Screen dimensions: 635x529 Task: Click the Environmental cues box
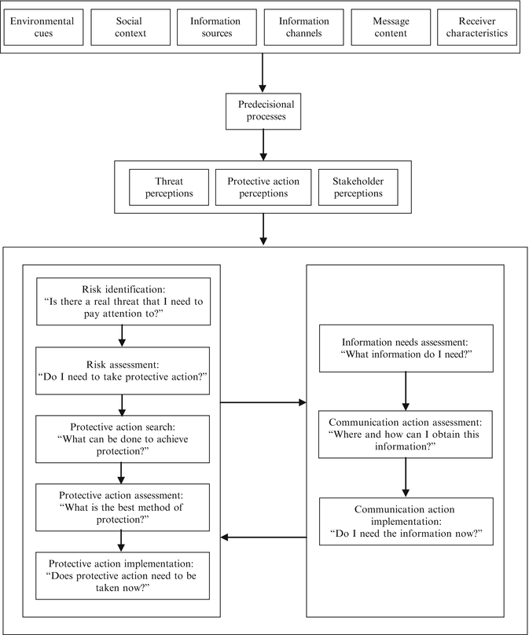42,27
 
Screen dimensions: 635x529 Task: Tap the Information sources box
215,27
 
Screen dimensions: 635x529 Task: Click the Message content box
388,27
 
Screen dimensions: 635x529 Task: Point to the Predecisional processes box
264,112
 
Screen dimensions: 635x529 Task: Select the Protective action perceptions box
264,185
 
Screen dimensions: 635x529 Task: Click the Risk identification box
122,301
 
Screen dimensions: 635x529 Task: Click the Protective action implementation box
122,576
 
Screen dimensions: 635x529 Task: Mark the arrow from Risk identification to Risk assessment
122,336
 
